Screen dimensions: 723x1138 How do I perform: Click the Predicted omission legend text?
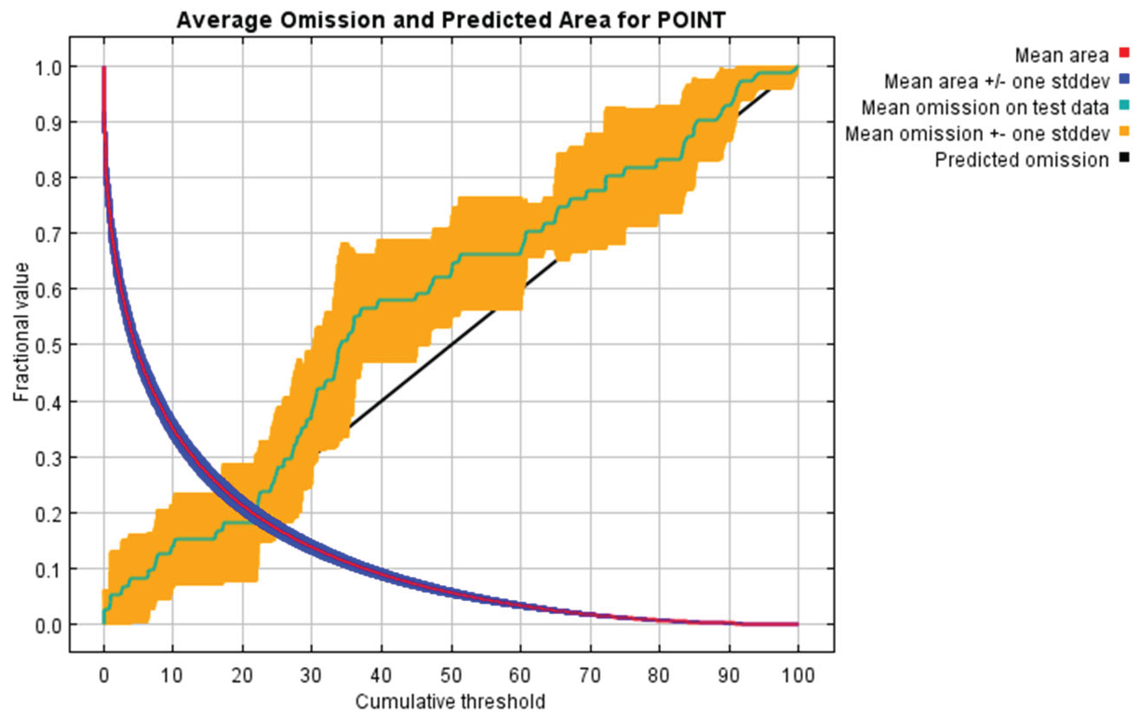pos(1021,161)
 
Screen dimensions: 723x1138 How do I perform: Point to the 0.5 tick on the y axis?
pos(49,345)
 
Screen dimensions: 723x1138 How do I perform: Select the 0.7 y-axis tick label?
pos(49,234)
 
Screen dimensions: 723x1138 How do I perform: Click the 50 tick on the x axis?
pos(451,676)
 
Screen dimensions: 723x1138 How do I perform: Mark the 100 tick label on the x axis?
pos(798,676)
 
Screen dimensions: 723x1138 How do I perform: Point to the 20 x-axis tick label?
pos(243,676)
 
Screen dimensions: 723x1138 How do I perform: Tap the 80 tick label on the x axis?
pos(659,676)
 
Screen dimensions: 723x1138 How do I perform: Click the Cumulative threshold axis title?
pos(450,702)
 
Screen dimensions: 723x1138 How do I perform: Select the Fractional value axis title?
pos(21,332)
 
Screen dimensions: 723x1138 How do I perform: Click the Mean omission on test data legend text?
pos(985,108)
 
